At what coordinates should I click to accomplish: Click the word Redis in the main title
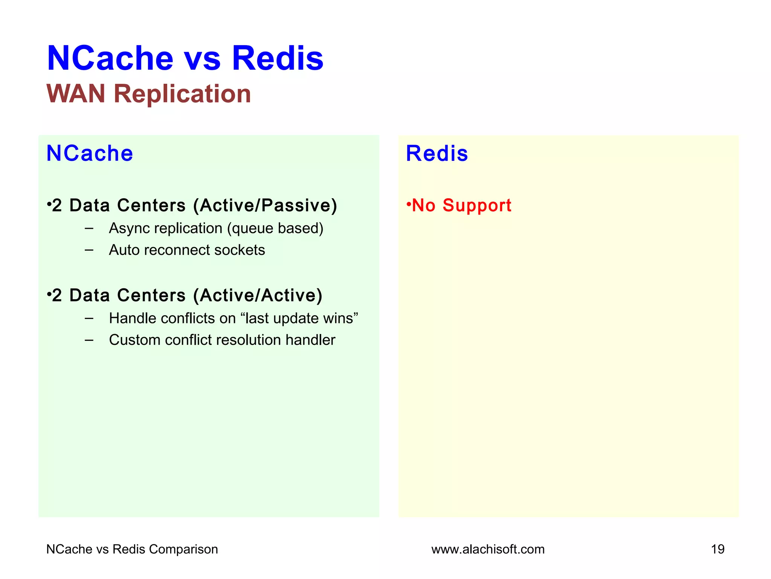pos(277,58)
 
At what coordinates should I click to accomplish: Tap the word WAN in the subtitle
pos(76,93)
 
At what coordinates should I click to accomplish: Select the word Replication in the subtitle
pos(182,93)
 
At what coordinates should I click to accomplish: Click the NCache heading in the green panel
pos(90,153)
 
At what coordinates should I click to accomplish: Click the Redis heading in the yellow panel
pos(437,153)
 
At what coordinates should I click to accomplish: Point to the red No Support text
pos(461,205)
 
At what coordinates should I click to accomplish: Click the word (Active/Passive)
pos(265,205)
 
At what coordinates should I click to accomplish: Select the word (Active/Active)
pos(258,295)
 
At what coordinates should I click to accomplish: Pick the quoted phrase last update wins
pos(299,318)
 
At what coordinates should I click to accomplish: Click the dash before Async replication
pos(89,228)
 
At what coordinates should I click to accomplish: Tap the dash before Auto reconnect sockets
pos(89,250)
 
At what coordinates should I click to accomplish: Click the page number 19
pos(718,549)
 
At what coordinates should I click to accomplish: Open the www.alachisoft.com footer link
pos(488,549)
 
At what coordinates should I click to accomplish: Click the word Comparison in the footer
pos(183,549)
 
